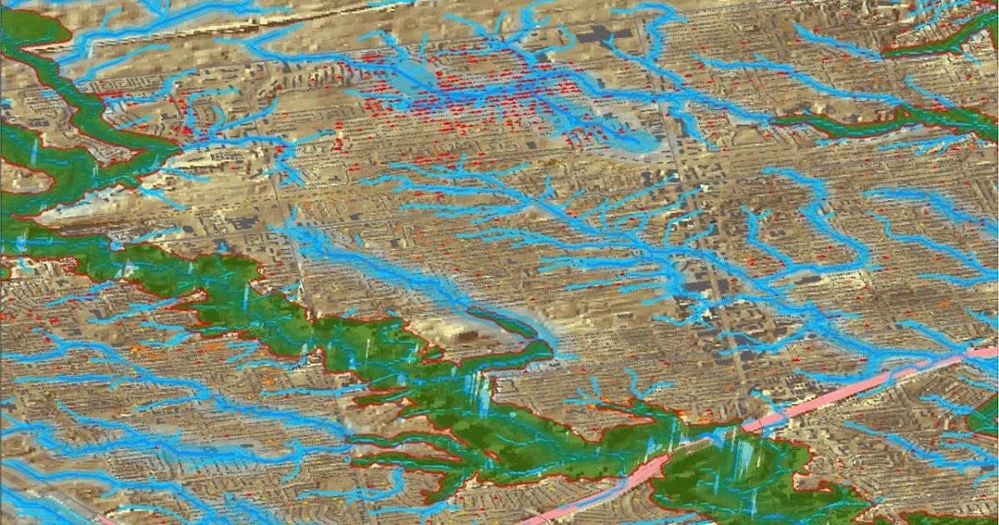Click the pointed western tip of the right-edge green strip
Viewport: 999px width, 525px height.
pos(774,122)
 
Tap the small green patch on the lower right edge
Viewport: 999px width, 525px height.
pos(987,417)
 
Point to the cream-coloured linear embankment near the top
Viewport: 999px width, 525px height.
pos(208,29)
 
